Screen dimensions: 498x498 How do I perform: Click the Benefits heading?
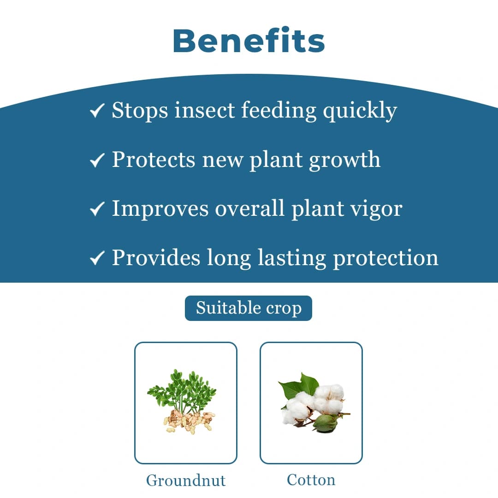click(x=249, y=41)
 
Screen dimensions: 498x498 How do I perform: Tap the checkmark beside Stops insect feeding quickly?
click(x=97, y=111)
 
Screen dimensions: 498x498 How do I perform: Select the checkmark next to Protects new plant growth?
click(x=97, y=160)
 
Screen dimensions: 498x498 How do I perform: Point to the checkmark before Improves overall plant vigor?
click(x=97, y=209)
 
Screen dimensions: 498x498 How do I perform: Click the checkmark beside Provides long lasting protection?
click(x=97, y=258)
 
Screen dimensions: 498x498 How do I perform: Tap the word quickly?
click(x=360, y=111)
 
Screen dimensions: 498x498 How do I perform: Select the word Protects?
click(x=154, y=160)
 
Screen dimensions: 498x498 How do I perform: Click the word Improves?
click(x=160, y=209)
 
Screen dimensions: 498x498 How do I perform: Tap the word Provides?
click(x=156, y=257)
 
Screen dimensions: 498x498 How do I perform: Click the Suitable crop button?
click(x=249, y=308)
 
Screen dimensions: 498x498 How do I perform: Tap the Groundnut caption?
click(x=186, y=480)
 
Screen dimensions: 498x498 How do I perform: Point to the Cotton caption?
click(x=311, y=480)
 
